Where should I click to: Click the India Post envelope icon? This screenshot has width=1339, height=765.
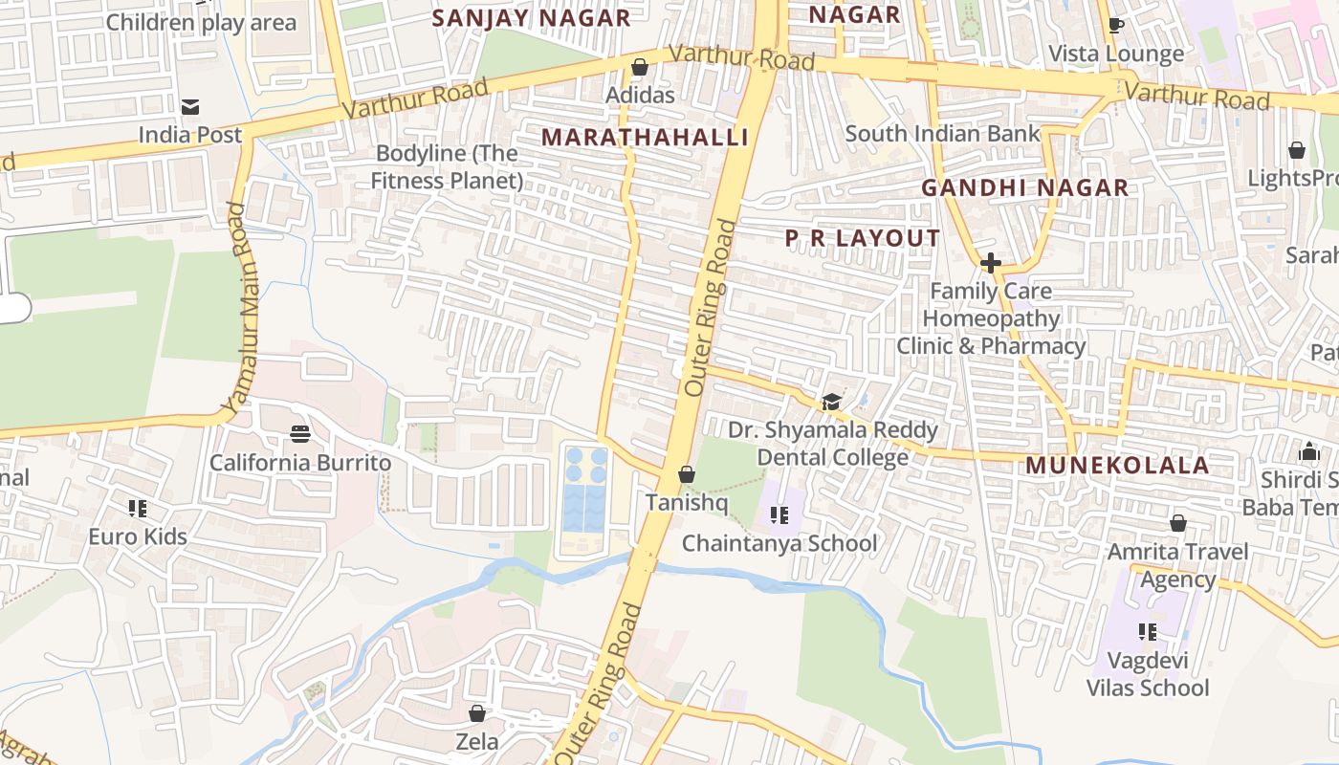[x=189, y=106]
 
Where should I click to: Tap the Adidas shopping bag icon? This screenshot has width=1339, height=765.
[x=640, y=67]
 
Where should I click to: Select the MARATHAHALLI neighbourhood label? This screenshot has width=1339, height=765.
[x=645, y=138]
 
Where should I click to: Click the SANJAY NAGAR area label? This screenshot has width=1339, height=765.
[x=531, y=18]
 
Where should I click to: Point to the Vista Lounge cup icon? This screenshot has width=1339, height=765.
[x=1115, y=25]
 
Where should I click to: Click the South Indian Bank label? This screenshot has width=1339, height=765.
[x=942, y=133]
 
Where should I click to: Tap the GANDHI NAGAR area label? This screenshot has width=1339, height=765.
[x=1024, y=188]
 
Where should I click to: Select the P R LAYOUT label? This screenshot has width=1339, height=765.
[x=863, y=239]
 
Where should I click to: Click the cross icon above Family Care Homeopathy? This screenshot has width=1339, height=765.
[x=991, y=262]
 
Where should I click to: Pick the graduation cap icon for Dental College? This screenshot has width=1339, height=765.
[x=831, y=402]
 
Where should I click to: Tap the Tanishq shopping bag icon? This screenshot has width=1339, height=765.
[x=686, y=474]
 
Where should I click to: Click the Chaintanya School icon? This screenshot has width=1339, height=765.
[x=779, y=515]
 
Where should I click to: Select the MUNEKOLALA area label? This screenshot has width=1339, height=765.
[x=1117, y=466]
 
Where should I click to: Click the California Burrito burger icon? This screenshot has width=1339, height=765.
[x=300, y=434]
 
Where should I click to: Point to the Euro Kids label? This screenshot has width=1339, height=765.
[x=138, y=536]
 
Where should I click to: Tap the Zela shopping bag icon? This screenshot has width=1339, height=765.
[x=476, y=713]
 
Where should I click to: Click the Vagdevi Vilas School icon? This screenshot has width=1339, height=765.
[x=1148, y=631]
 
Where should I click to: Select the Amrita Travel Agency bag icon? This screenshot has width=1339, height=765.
[x=1178, y=523]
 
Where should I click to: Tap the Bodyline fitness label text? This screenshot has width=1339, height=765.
[x=447, y=166]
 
